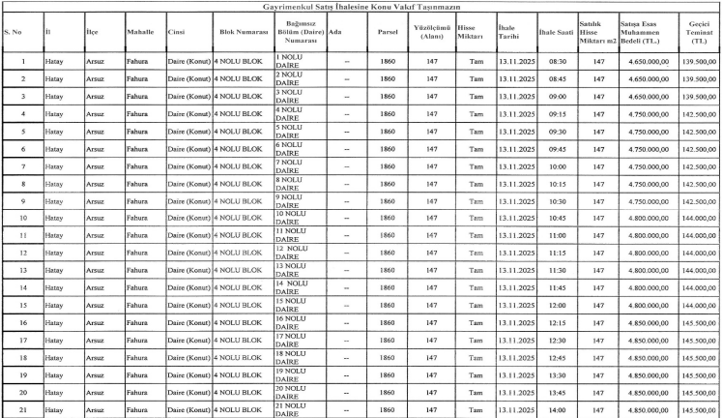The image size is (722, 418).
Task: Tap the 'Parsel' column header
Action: click(x=388, y=32)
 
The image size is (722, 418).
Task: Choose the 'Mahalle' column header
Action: click(x=140, y=32)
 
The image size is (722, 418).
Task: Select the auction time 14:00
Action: click(x=557, y=410)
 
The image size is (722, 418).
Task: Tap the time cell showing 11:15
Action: click(x=557, y=253)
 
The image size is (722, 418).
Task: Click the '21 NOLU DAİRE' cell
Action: click(x=293, y=410)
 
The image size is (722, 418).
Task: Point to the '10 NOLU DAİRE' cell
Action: click(x=293, y=218)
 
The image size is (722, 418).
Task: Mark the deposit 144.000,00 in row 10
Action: click(x=701, y=218)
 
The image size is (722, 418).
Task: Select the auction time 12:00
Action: click(x=557, y=305)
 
